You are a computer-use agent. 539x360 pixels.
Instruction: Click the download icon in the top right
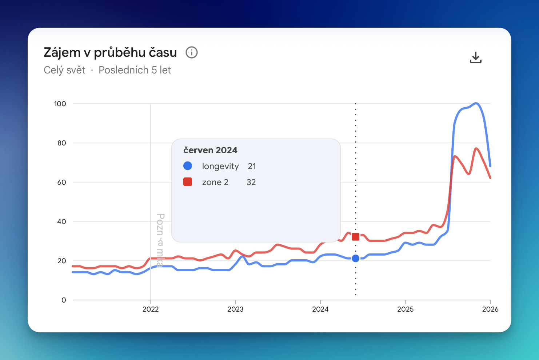point(475,57)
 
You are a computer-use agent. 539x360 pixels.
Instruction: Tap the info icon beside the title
point(192,53)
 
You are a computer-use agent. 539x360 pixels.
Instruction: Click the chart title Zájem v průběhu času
point(110,53)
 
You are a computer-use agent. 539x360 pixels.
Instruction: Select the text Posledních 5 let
point(135,70)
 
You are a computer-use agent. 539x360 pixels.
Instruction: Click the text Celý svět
point(64,70)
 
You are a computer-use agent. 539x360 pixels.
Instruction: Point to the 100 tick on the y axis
point(60,104)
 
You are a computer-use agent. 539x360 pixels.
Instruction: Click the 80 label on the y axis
point(61,143)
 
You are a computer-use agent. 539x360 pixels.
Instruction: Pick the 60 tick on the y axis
point(61,183)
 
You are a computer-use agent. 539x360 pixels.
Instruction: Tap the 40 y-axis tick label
point(61,222)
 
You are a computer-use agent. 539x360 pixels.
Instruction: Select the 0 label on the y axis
point(64,300)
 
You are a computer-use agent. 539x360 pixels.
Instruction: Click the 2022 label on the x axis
point(151,309)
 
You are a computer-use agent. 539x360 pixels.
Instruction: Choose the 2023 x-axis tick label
point(235,309)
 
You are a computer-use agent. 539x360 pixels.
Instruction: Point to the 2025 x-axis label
point(405,309)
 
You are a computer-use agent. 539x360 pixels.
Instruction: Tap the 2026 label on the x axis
point(490,309)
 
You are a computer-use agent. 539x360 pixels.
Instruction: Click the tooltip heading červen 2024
point(210,150)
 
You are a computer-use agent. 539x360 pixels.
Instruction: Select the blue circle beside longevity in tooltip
point(188,166)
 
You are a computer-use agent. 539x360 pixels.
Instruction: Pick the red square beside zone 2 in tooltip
point(188,182)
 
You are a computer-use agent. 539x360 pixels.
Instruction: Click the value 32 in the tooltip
point(251,182)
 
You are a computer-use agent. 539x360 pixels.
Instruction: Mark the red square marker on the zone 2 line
point(356,237)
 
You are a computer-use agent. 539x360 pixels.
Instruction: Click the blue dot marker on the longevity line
point(356,259)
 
